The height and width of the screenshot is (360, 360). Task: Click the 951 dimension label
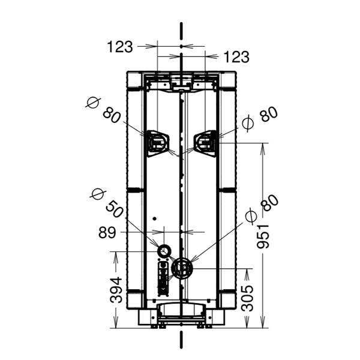[x=263, y=236]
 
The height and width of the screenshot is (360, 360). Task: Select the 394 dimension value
[x=116, y=290]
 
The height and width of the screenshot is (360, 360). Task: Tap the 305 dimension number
[x=247, y=298]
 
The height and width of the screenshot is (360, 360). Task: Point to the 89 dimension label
[x=107, y=233]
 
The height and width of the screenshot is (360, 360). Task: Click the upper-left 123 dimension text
[x=120, y=47]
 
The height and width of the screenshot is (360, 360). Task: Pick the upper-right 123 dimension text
[x=236, y=57]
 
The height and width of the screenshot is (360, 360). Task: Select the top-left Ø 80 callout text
[x=103, y=110]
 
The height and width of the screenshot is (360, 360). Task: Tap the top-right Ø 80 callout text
[x=260, y=119]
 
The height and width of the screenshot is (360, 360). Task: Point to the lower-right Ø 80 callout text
[x=262, y=209]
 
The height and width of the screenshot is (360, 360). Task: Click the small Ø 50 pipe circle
[x=164, y=251]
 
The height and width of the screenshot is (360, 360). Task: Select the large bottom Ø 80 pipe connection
[x=182, y=268]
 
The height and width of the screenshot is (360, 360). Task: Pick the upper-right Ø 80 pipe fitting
[x=205, y=143]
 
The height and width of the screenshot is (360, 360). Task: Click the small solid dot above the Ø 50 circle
[x=155, y=218]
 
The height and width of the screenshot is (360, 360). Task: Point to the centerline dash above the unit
[x=181, y=31]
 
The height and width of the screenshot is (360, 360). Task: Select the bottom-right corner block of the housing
[x=228, y=300]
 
